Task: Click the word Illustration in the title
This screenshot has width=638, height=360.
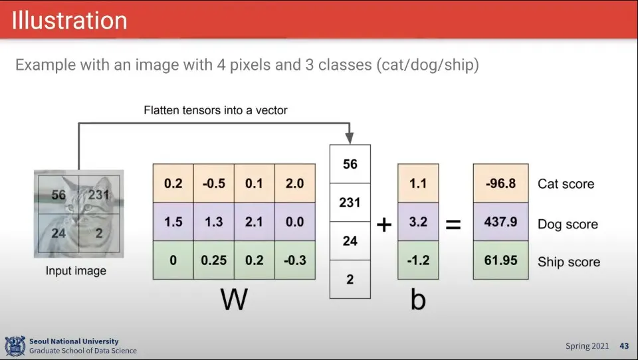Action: [69, 20]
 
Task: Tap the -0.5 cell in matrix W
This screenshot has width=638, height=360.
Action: [213, 184]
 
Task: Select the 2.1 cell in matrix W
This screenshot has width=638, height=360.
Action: [254, 222]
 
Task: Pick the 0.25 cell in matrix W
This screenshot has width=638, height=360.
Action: [213, 260]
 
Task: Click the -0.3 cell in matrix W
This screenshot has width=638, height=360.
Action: [294, 260]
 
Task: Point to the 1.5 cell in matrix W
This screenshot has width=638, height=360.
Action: [173, 222]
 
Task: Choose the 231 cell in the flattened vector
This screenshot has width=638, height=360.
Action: [350, 203]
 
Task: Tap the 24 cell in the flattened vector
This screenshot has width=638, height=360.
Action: [350, 241]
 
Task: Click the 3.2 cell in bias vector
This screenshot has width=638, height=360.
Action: [418, 222]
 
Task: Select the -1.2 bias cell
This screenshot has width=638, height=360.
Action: [418, 260]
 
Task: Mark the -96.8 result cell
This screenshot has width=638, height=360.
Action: [500, 184]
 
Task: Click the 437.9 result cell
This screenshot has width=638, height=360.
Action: [500, 222]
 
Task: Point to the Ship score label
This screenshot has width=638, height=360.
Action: [568, 262]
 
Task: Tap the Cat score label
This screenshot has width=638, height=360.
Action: [566, 184]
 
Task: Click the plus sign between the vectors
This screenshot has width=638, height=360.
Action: [384, 225]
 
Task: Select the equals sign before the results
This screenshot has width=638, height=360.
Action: [453, 225]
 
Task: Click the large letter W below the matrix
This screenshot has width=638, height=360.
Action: [234, 300]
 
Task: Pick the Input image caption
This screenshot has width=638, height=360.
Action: [76, 271]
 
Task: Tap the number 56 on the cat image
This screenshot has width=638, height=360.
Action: [58, 195]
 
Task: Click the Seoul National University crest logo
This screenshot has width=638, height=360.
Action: [15, 345]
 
